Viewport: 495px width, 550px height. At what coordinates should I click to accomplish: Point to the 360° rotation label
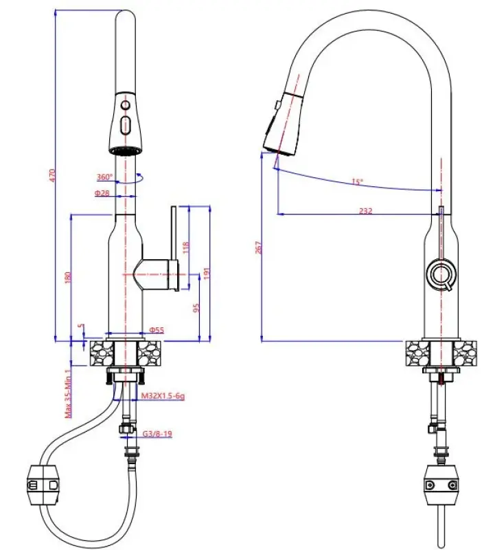tap(104, 176)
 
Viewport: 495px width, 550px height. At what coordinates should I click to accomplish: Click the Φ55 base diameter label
tap(157, 331)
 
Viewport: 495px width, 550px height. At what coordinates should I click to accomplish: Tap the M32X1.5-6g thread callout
tap(162, 397)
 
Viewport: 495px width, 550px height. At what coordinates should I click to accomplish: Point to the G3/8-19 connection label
tap(157, 434)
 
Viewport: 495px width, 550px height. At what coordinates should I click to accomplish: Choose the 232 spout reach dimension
tap(365, 211)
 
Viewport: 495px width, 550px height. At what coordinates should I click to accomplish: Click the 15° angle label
tap(356, 181)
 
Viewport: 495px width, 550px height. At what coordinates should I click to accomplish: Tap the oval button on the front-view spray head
tap(125, 126)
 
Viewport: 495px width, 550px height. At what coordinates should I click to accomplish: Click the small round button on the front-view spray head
tap(125, 104)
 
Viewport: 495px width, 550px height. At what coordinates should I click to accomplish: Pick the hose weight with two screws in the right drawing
tap(439, 483)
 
